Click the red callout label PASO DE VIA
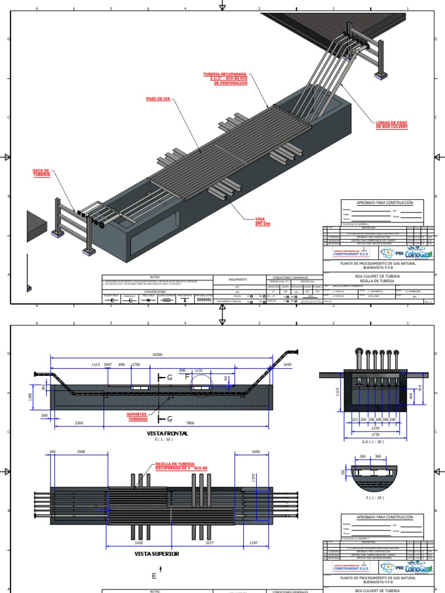[158, 98]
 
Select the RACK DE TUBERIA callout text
[42, 172]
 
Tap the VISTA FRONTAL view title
[168, 433]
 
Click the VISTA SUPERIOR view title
[156, 554]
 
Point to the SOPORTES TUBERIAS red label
[137, 417]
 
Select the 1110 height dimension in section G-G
[337, 393]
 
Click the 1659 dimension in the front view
[287, 364]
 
